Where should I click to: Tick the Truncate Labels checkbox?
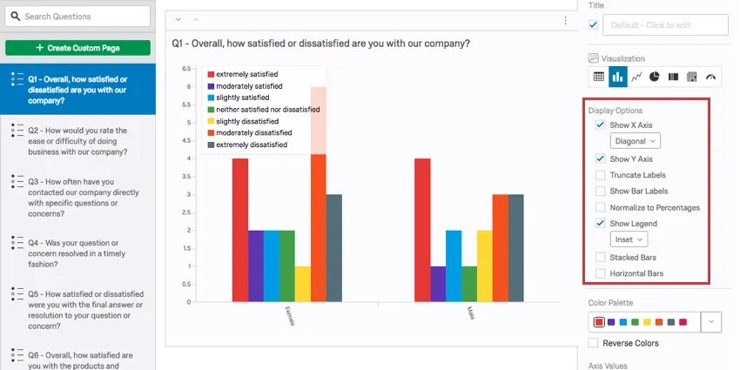coord(601,175)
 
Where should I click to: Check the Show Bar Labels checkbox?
coord(601,191)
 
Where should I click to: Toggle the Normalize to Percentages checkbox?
coord(601,207)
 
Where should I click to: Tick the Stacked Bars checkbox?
coord(601,258)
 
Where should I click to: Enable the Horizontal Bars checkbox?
coord(601,273)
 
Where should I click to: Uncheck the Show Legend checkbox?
coord(601,224)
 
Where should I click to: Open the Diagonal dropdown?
coord(635,140)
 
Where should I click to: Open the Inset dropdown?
coord(629,239)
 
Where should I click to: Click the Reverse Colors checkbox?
coord(594,343)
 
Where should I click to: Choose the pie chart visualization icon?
coord(655,77)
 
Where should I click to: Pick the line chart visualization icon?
coord(636,77)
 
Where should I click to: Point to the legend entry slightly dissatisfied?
coord(246,121)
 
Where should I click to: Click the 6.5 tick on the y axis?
coord(185,68)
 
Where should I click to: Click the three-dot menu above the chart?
coord(565,20)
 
